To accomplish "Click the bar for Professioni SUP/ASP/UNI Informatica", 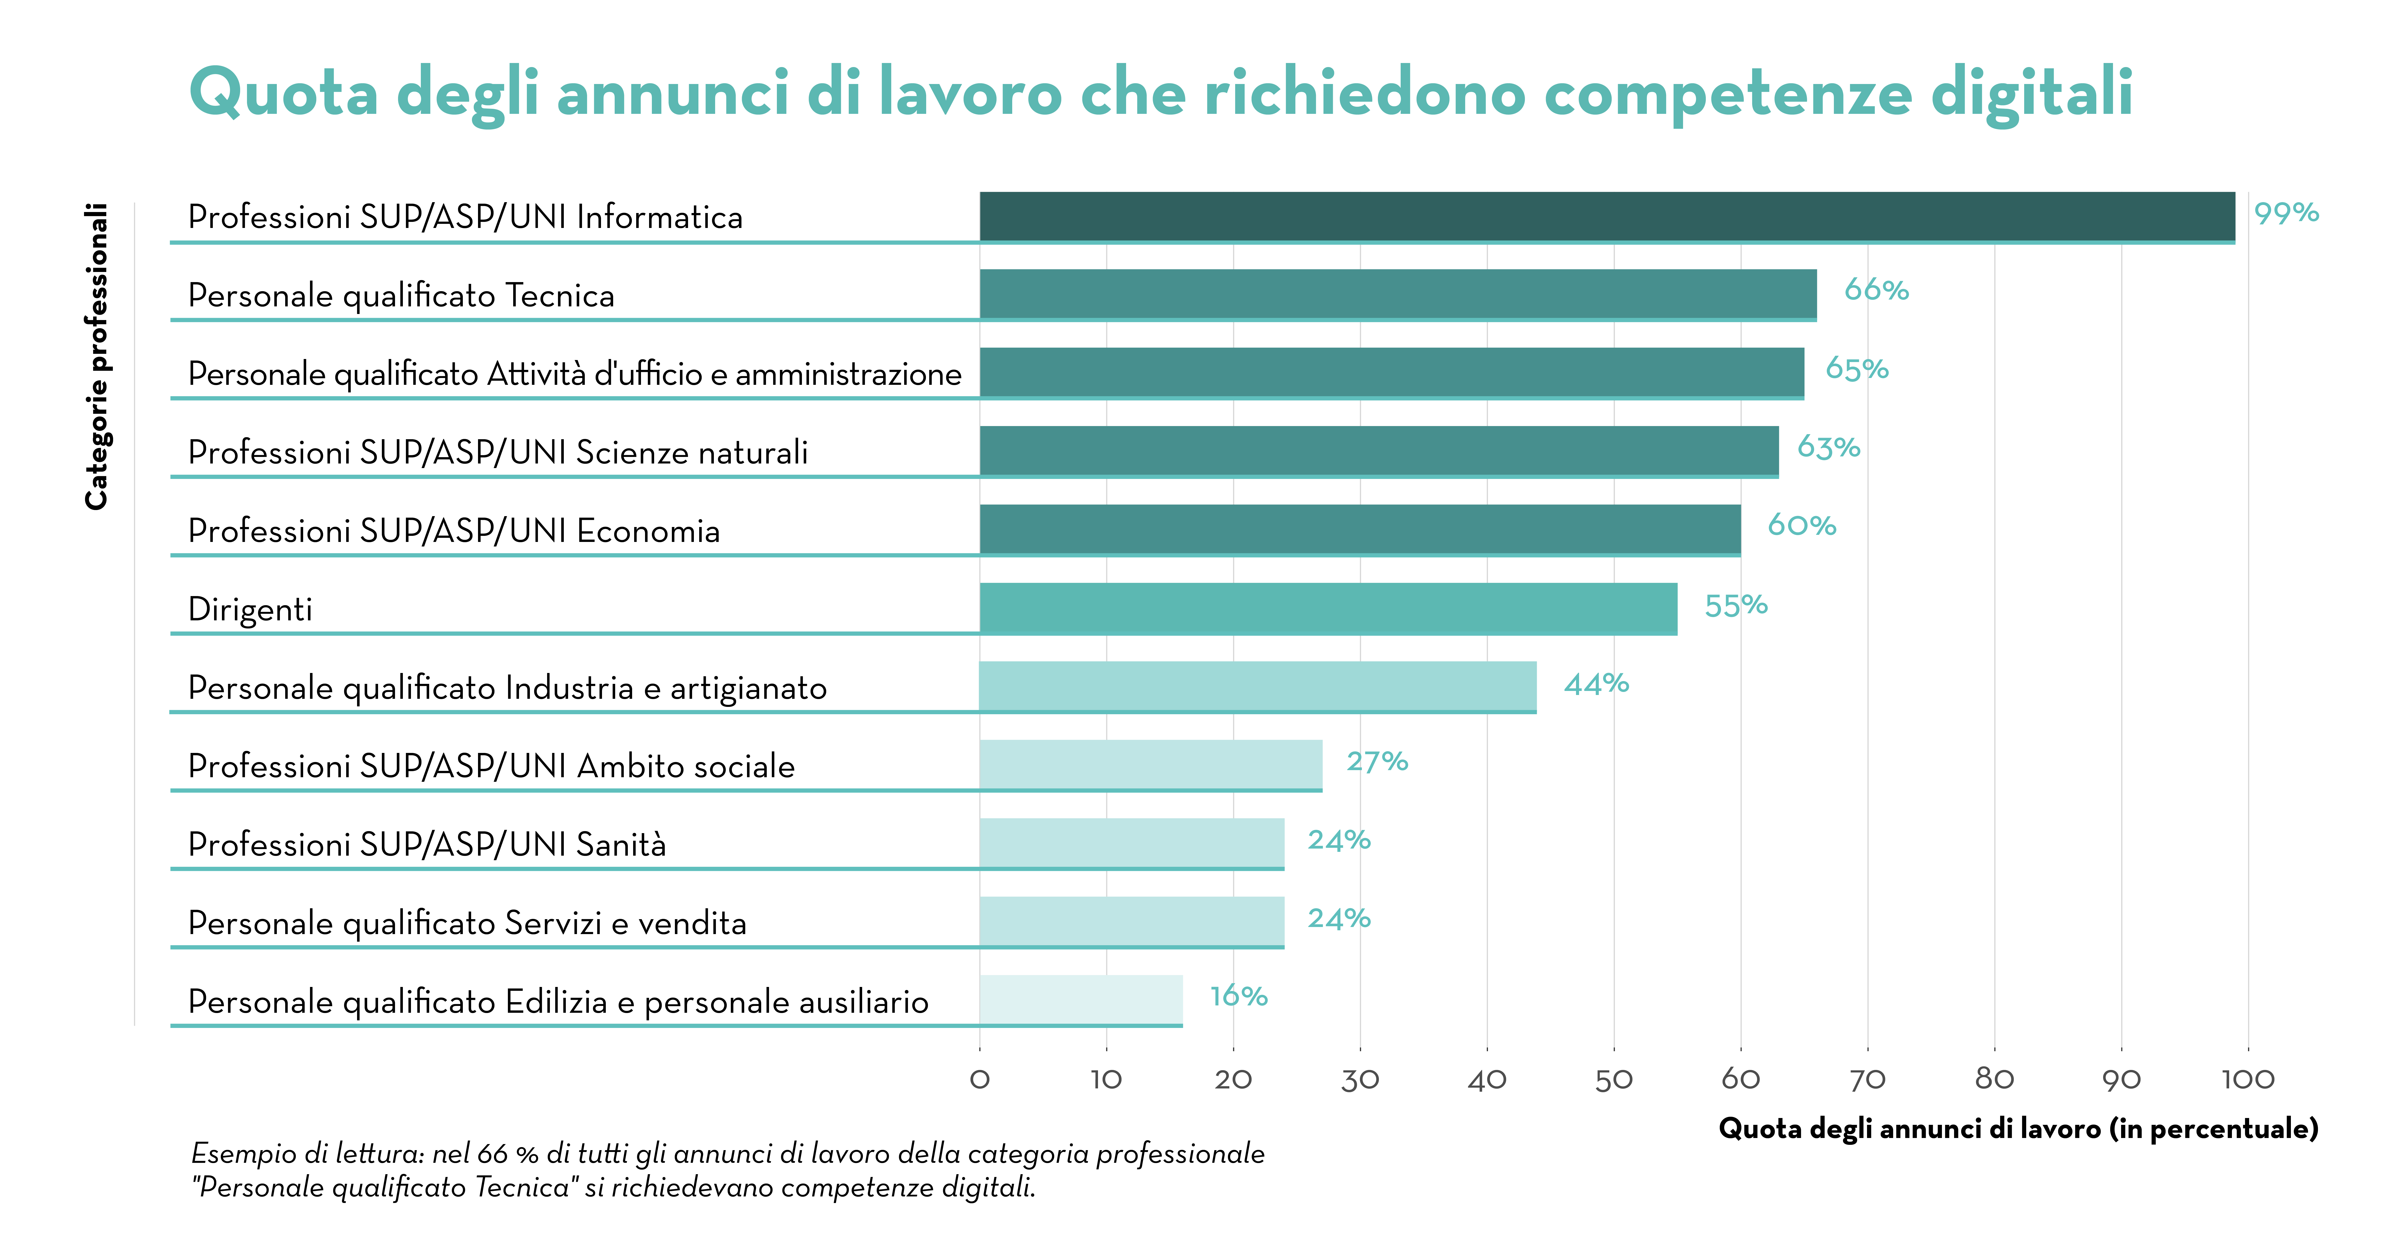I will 1607,217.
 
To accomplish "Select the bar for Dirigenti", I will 1328,608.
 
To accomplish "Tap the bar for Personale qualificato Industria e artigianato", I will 1257,687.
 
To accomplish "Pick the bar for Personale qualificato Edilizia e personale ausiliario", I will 1081,1000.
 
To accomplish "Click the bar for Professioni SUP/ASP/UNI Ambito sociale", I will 1151,765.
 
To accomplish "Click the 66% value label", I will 1876,290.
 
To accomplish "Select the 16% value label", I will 1238,997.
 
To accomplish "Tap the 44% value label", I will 1596,684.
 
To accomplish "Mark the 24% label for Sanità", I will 1338,841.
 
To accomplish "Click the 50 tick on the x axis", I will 1613,1080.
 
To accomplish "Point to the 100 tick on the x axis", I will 2247,1080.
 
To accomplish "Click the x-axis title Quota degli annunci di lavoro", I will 2018,1129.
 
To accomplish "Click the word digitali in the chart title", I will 2031,93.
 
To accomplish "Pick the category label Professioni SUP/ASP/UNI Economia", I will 453,531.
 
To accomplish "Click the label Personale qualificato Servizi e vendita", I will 467,923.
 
